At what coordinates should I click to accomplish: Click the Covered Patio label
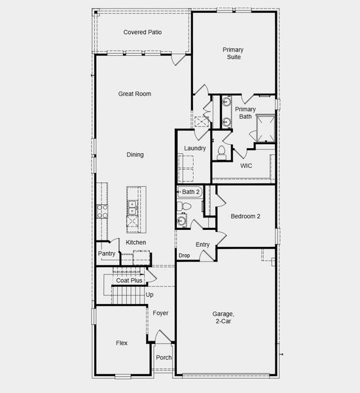click(x=143, y=32)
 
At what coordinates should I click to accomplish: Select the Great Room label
click(x=134, y=94)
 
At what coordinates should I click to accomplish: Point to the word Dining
click(x=135, y=155)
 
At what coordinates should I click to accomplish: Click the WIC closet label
click(x=245, y=166)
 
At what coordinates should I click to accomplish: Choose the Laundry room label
click(x=195, y=148)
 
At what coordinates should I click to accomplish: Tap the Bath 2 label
click(x=190, y=192)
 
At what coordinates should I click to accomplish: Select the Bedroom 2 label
click(x=245, y=215)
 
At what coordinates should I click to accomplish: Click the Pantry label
click(x=107, y=253)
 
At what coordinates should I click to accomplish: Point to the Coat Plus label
click(x=129, y=280)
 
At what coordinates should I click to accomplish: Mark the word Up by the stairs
click(x=150, y=295)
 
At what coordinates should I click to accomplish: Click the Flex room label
click(x=122, y=343)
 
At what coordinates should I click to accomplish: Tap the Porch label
click(x=164, y=358)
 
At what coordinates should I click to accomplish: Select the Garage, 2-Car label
click(x=223, y=318)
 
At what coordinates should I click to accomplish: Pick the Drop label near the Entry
click(x=184, y=255)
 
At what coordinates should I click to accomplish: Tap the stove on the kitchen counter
click(x=102, y=210)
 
